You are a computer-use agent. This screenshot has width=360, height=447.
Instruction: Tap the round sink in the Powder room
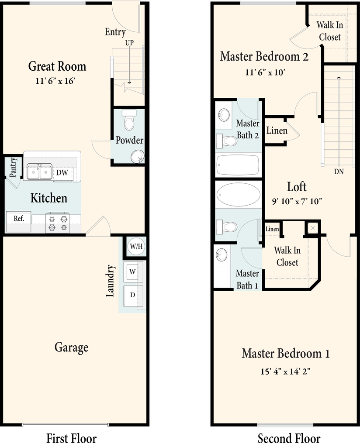tap(137, 157)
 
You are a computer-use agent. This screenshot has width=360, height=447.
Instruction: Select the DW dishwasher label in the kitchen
tap(62, 172)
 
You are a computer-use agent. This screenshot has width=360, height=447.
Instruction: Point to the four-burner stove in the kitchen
tap(57, 223)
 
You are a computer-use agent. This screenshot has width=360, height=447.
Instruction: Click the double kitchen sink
tap(40, 172)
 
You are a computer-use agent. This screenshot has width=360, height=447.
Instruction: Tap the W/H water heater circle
tap(136, 246)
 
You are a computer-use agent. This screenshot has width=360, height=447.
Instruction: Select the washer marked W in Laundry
tap(133, 272)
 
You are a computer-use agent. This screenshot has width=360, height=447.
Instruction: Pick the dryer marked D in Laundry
tap(133, 296)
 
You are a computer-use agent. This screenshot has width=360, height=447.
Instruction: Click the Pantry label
tap(13, 167)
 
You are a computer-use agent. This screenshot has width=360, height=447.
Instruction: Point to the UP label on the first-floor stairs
tap(129, 43)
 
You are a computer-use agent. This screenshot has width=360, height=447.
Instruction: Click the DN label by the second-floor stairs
tap(339, 172)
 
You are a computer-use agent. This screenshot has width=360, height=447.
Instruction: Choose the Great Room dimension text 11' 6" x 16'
tap(55, 81)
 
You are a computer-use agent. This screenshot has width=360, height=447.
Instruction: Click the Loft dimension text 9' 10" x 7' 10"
tap(297, 202)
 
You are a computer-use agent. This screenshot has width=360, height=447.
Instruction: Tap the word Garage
tap(71, 347)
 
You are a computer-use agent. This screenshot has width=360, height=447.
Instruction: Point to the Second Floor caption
tap(289, 438)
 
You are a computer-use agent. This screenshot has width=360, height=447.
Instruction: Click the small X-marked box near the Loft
tap(313, 228)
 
